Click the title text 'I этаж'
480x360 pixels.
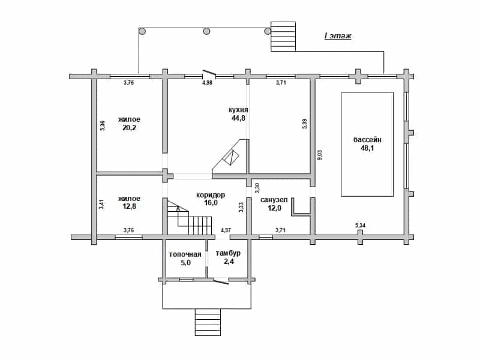tap(338, 36)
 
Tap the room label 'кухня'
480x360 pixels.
tap(238, 110)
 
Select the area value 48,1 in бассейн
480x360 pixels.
tap(367, 148)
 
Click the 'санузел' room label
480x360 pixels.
tap(274, 200)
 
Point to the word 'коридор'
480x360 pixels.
tap(211, 195)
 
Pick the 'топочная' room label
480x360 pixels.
tap(185, 254)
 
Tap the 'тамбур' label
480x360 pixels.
tap(228, 253)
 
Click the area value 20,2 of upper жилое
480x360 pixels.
tap(129, 128)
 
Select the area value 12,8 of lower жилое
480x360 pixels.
tap(129, 206)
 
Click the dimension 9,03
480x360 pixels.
tap(319, 155)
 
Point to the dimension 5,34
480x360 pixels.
tap(361, 226)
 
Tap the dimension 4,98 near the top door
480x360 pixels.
tap(207, 83)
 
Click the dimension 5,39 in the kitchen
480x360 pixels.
tap(304, 124)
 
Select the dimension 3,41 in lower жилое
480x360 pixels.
tap(101, 204)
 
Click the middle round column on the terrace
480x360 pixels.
tap(206, 31)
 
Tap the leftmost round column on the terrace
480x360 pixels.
tap(142, 31)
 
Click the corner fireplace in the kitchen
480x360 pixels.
tap(230, 157)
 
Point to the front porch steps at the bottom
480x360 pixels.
tap(208, 322)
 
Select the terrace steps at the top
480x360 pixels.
tap(283, 37)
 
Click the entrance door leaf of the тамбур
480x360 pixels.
tap(221, 281)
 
